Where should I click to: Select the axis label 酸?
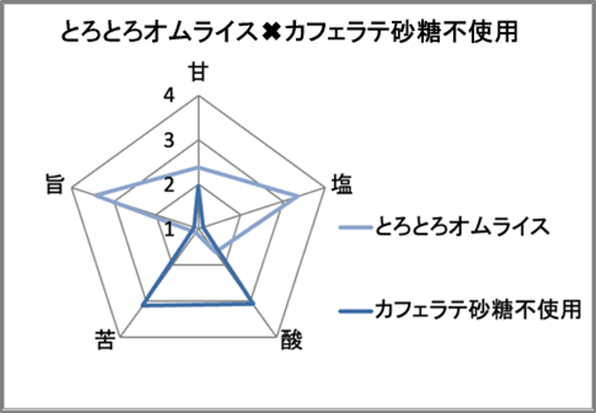click(x=292, y=340)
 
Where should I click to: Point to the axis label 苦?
click(x=105, y=340)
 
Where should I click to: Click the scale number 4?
click(x=169, y=96)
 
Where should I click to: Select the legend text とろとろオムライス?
click(x=462, y=227)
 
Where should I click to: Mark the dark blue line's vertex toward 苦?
click(x=142, y=306)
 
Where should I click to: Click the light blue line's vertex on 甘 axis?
click(x=198, y=168)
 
